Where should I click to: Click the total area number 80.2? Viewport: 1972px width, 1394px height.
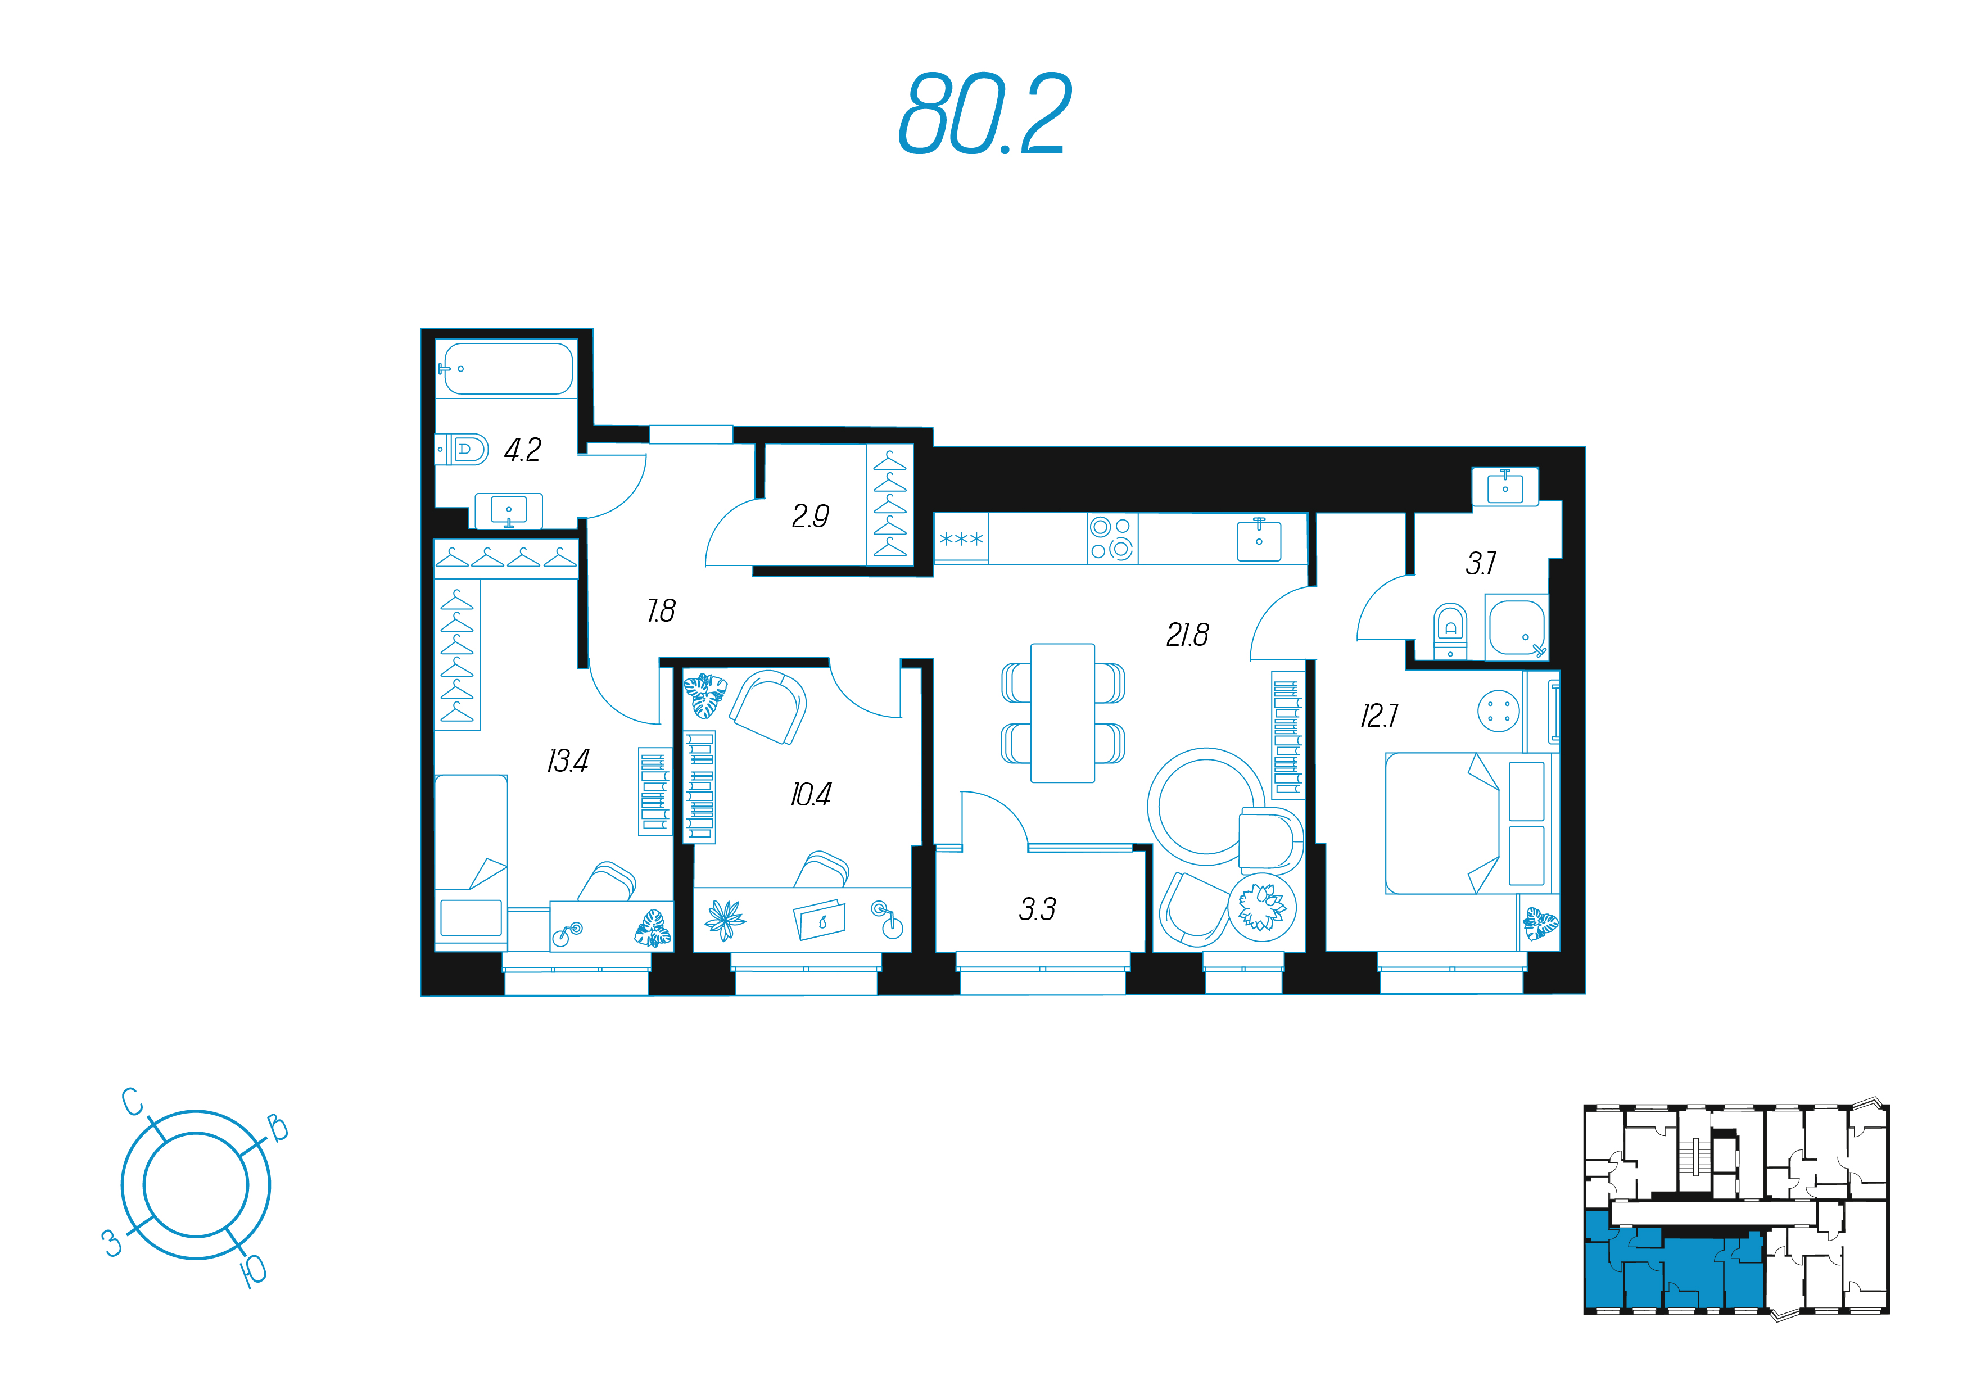click(x=984, y=114)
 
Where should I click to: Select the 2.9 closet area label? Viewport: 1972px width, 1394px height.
click(x=810, y=515)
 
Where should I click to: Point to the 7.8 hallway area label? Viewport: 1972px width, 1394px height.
click(x=661, y=610)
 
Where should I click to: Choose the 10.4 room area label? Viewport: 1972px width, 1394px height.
click(x=811, y=794)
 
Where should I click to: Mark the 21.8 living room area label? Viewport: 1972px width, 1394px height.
click(x=1187, y=635)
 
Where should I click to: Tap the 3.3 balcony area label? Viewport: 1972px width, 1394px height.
click(x=1037, y=909)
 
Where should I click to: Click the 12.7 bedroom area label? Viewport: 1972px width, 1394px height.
click(x=1378, y=716)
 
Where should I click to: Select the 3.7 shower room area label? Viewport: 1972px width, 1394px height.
click(x=1481, y=563)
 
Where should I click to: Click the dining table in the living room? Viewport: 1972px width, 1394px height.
click(x=1062, y=713)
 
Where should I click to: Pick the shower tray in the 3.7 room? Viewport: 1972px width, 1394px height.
click(x=1517, y=627)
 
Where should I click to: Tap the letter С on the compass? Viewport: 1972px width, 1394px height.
click(x=132, y=1102)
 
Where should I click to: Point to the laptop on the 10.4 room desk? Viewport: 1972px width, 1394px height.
click(x=820, y=920)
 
